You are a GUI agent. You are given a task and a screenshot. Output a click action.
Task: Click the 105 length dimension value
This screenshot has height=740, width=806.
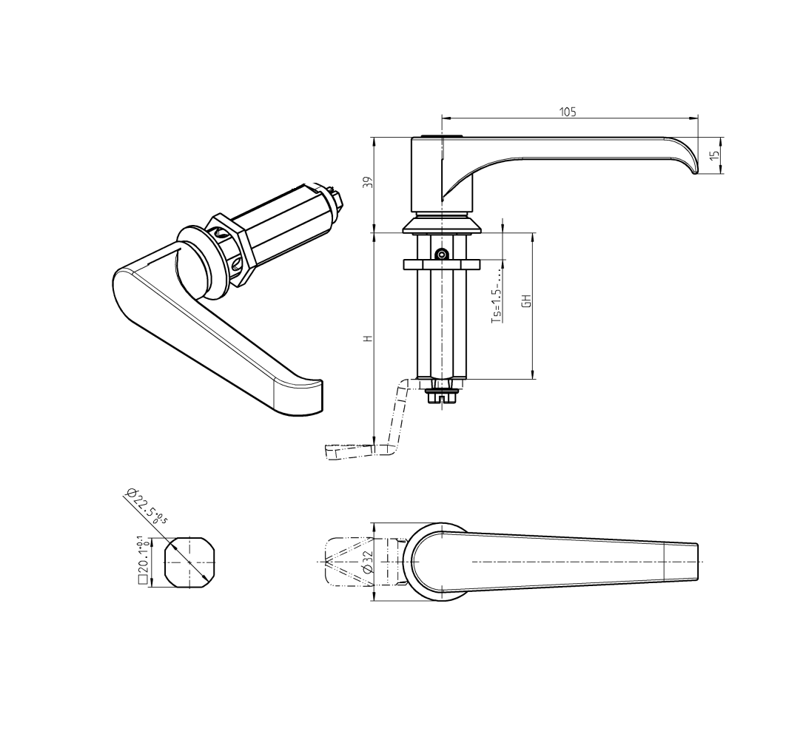tap(568, 112)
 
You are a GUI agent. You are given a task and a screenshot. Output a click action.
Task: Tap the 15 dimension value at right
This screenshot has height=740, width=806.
tap(713, 155)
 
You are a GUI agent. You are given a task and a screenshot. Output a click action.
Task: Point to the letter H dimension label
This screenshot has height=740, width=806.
tap(367, 338)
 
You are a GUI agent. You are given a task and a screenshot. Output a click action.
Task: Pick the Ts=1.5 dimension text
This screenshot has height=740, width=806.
tap(497, 303)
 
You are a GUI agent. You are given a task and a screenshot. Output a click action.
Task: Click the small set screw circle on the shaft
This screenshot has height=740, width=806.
tap(441, 255)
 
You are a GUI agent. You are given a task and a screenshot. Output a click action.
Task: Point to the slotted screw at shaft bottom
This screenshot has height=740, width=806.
tap(442, 397)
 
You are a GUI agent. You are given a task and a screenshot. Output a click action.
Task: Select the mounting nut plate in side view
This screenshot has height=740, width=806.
tap(441, 264)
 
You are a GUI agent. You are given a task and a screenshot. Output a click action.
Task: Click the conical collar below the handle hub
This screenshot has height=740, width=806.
tap(441, 224)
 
